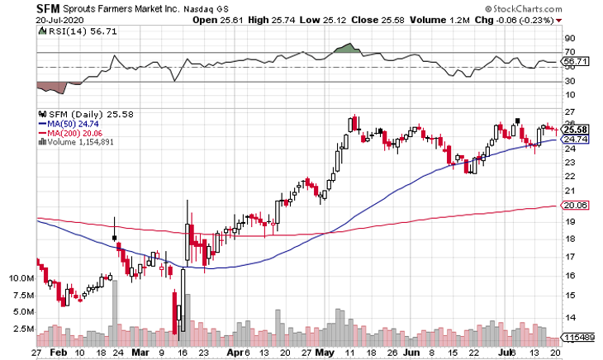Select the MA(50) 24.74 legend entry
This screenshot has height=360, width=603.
click(70, 121)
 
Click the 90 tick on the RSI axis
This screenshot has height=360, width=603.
click(568, 38)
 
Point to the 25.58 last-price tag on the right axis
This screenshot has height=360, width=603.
click(574, 130)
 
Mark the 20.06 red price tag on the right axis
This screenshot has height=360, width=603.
click(574, 206)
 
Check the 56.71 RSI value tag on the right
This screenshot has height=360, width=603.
click(574, 61)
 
